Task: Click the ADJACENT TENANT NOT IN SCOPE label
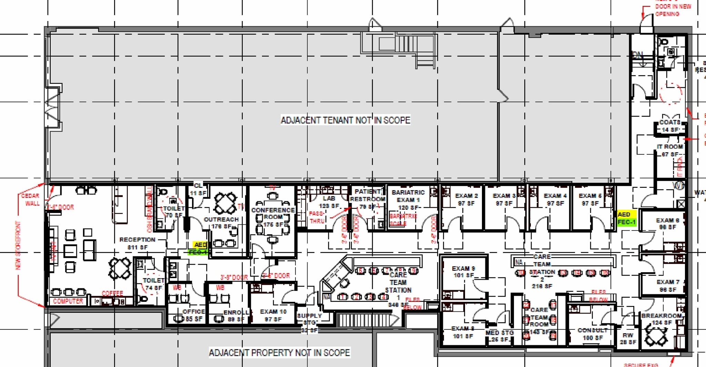point(345,120)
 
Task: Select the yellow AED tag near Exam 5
point(624,214)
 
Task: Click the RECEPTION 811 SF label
point(137,243)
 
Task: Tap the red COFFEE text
point(112,293)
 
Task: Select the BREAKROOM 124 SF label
point(661,319)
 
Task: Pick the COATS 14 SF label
point(670,126)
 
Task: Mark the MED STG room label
point(500,336)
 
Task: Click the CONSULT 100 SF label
point(592,334)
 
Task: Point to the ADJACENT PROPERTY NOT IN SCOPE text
point(279,353)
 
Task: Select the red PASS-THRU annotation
point(316,217)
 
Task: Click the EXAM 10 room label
point(273,315)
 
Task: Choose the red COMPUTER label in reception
point(68,301)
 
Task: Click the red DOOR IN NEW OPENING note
point(672,10)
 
